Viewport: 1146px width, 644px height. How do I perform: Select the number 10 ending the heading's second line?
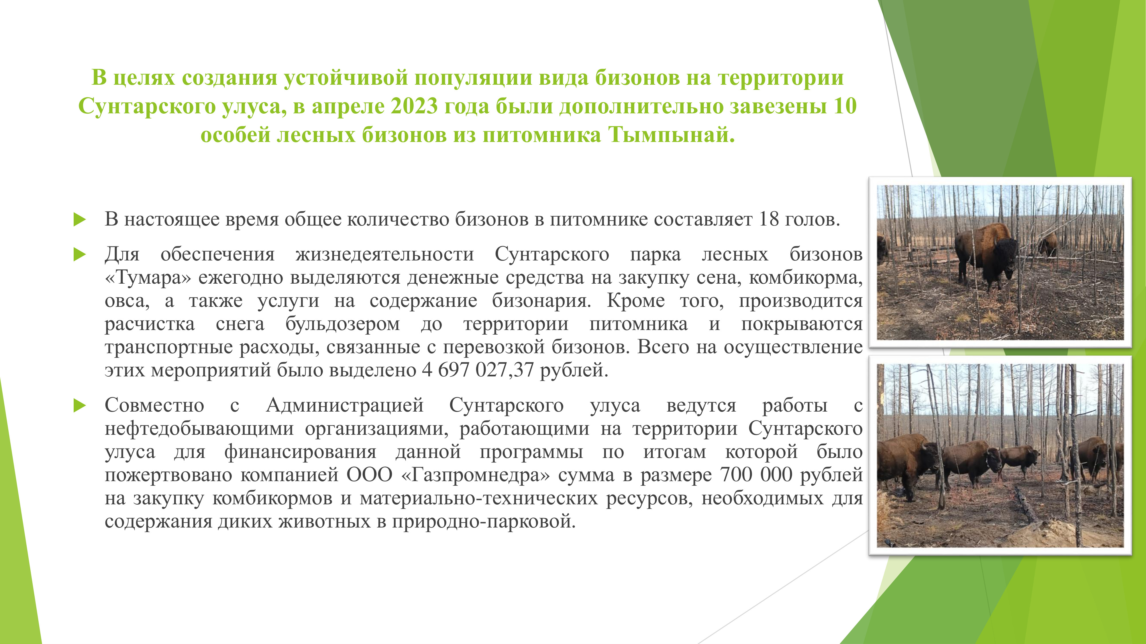(845, 106)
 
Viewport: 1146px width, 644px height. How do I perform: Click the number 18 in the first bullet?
(769, 219)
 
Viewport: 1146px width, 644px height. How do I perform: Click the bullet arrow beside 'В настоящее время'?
(80, 219)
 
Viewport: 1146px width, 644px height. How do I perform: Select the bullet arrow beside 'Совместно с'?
(80, 405)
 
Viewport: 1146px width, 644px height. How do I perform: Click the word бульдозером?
(343, 324)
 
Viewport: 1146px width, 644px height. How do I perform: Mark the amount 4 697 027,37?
(477, 370)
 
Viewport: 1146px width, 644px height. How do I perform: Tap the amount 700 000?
(756, 475)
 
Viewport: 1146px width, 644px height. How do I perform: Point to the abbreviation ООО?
(370, 475)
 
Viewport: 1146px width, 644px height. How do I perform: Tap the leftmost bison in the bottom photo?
(908, 462)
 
